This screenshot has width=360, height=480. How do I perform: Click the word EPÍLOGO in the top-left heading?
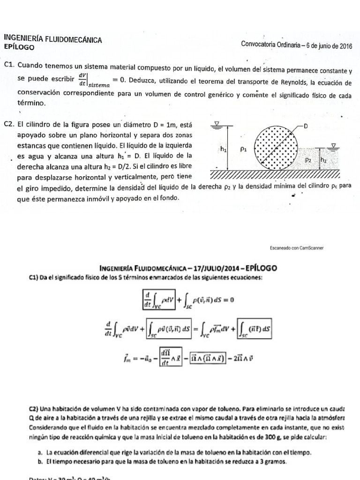[x=18, y=47]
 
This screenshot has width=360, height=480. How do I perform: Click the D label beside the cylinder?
[x=306, y=126]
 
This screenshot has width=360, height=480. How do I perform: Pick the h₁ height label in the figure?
[x=223, y=149]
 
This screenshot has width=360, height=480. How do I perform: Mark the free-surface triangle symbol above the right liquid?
[x=333, y=146]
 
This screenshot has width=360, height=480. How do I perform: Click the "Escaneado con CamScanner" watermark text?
[x=297, y=247]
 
